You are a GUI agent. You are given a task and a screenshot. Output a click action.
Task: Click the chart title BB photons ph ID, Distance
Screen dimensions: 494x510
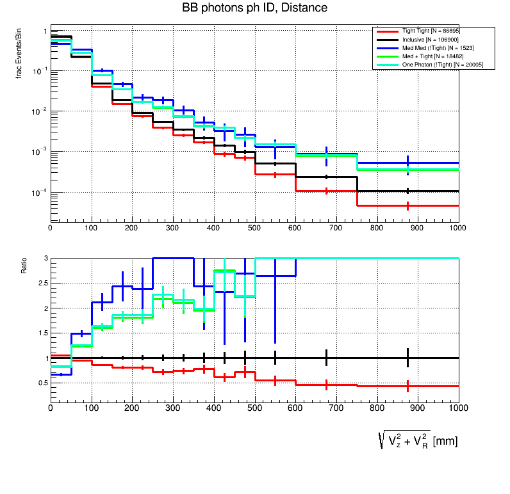255,8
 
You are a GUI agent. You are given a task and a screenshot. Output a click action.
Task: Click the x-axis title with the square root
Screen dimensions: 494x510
418,440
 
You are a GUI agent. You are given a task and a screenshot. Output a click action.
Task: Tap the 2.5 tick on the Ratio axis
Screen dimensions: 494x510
43,283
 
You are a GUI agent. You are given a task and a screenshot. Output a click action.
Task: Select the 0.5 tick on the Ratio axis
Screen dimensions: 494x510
43,383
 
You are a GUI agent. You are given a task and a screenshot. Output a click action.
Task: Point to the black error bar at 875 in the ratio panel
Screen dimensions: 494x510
407,358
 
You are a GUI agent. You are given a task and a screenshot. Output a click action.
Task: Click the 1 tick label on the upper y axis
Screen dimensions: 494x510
45,31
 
